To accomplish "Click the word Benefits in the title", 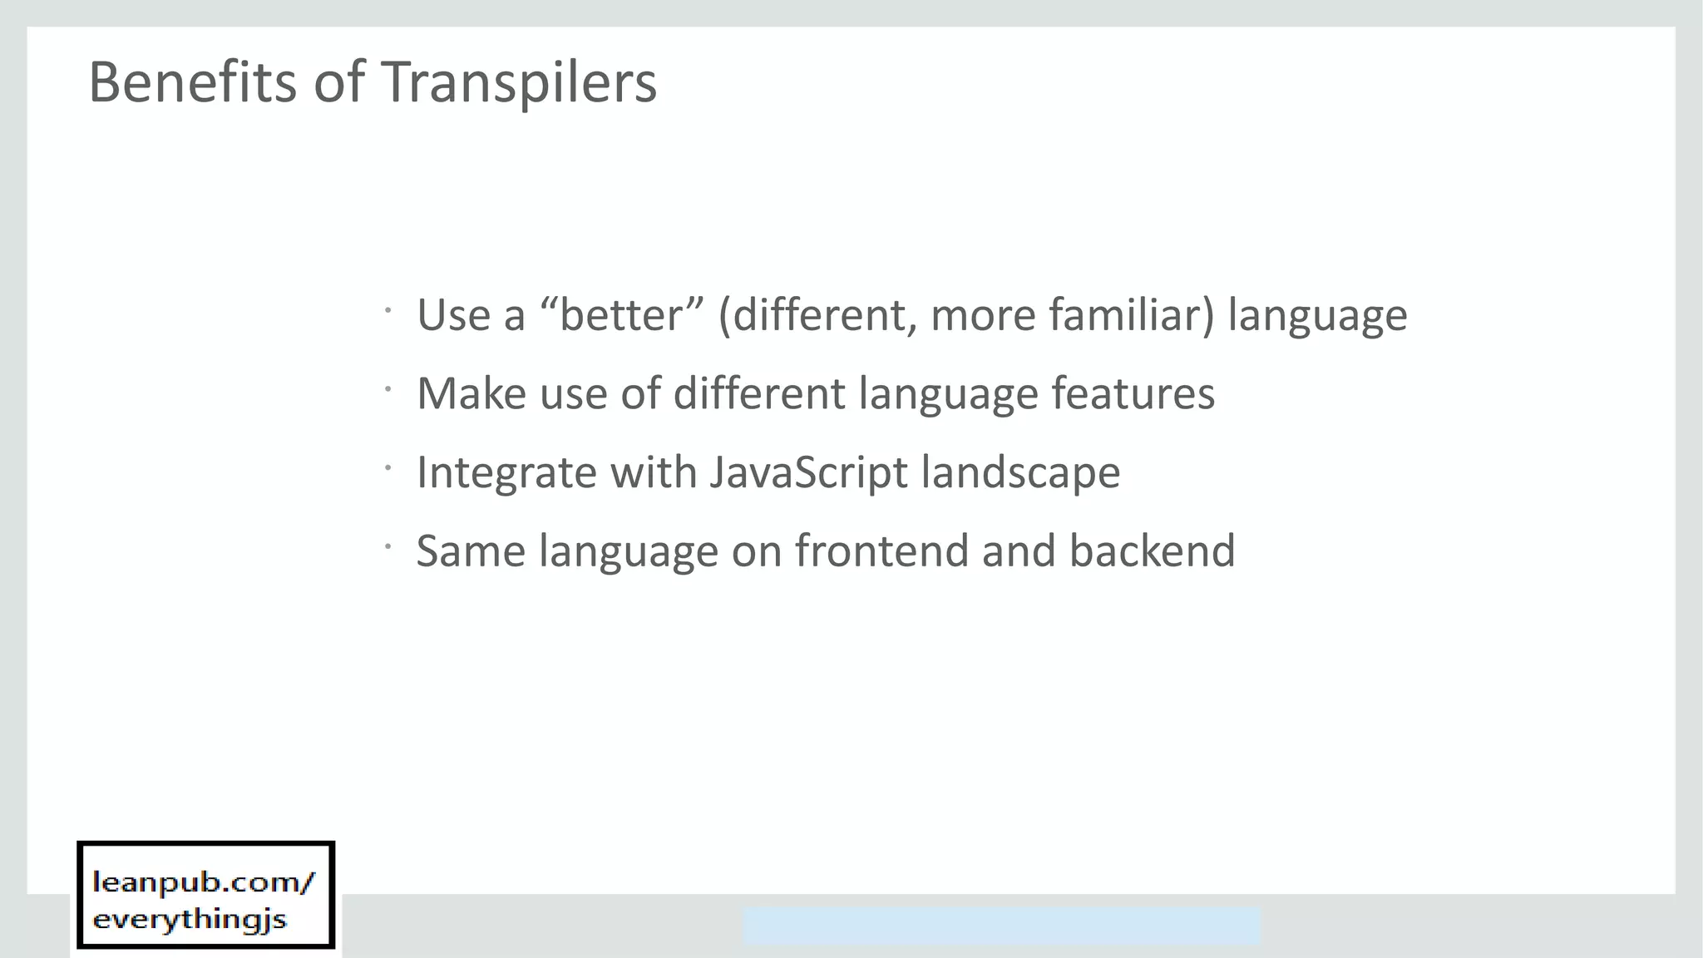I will click(192, 82).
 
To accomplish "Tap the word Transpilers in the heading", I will click(519, 84).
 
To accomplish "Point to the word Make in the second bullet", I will click(471, 393).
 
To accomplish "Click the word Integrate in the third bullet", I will click(506, 473).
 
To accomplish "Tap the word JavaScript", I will click(808, 473).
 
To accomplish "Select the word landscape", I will click(1020, 473).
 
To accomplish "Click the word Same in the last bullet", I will click(471, 551).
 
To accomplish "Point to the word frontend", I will click(881, 551).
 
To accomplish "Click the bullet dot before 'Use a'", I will click(387, 311).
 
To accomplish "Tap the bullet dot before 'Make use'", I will click(387, 389).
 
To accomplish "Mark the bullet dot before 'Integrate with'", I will click(387, 468).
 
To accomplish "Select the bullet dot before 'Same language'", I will click(387, 546).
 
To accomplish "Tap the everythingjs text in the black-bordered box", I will click(190, 920).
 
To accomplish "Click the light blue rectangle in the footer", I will click(1001, 926).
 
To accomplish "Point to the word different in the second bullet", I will click(758, 393).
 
